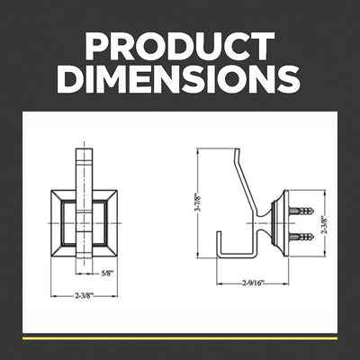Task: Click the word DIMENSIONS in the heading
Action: (180, 79)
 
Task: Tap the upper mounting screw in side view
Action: (303, 211)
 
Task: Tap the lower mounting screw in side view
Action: (303, 238)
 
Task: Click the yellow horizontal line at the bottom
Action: (180, 337)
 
